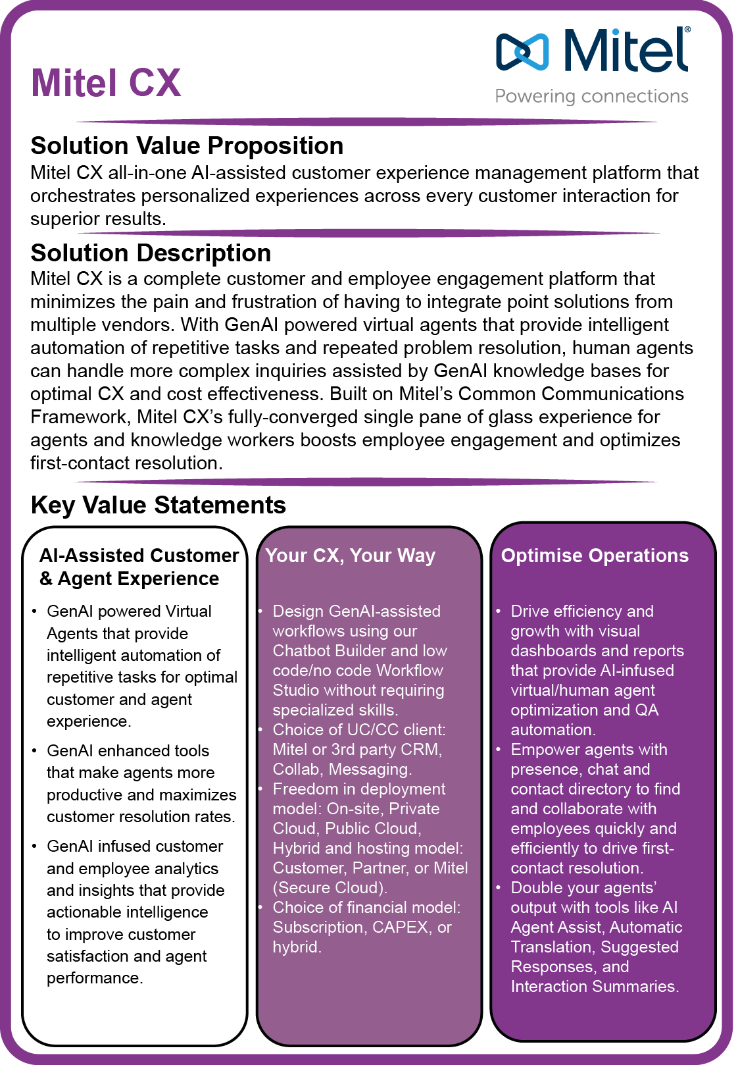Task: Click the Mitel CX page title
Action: [106, 84]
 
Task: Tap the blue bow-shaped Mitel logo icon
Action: [522, 51]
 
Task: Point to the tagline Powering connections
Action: [591, 97]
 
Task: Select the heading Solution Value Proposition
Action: [187, 145]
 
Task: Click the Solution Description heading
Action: [151, 253]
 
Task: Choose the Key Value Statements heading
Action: [158, 505]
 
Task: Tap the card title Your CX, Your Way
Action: [350, 556]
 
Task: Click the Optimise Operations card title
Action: [595, 556]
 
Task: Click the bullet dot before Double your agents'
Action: [499, 888]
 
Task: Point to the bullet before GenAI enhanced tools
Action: [34, 751]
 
